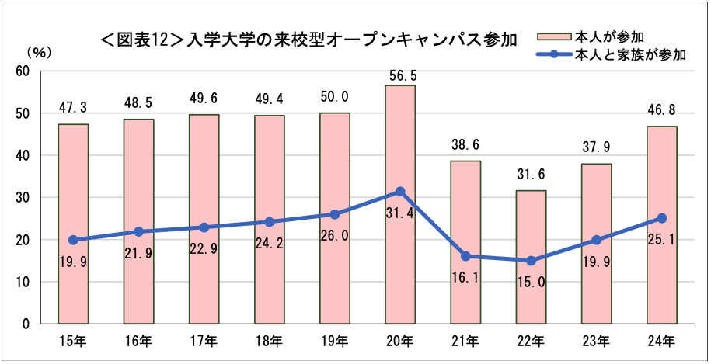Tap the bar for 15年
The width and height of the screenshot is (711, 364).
click(73, 287)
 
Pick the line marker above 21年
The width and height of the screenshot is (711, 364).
click(465, 256)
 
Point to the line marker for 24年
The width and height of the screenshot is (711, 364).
click(662, 218)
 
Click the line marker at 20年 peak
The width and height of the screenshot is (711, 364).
click(400, 191)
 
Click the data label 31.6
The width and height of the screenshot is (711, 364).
click(532, 173)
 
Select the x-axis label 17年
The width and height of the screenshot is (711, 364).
click(204, 339)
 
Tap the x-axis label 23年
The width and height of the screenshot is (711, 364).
click(597, 339)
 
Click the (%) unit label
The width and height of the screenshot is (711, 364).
click(39, 54)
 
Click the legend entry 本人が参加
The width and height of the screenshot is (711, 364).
click(609, 36)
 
